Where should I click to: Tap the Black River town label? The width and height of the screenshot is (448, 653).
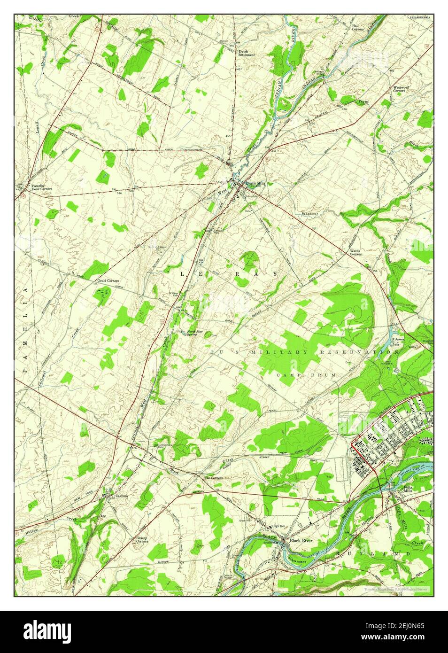pyautogui.click(x=301, y=541)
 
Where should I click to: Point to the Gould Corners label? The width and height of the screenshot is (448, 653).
pyautogui.click(x=108, y=280)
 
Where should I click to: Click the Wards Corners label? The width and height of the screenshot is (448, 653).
pyautogui.click(x=356, y=252)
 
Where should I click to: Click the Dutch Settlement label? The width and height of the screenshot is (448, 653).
pyautogui.click(x=246, y=53)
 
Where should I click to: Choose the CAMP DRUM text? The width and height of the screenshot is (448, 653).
pyautogui.click(x=306, y=375)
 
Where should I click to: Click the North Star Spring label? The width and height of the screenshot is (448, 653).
pyautogui.click(x=195, y=334)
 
